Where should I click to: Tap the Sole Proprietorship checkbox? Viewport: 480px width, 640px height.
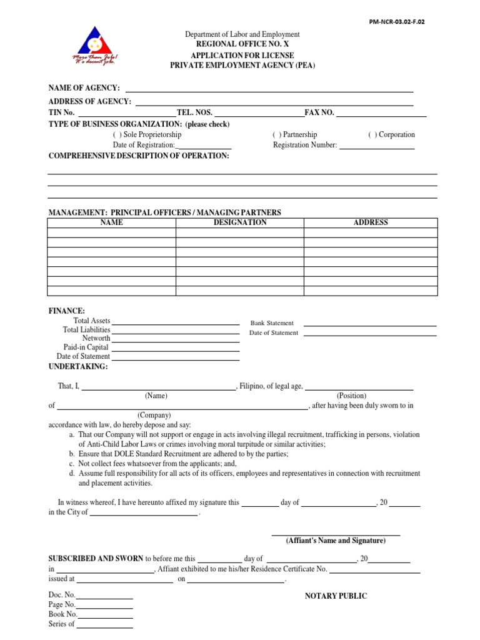click(117, 134)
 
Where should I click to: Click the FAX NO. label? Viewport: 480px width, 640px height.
click(319, 112)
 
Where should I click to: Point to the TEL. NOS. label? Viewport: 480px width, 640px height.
click(194, 112)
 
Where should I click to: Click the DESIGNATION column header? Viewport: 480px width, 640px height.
click(240, 222)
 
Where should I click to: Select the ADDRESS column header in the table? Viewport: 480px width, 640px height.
click(371, 222)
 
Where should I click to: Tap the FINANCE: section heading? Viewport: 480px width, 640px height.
click(67, 311)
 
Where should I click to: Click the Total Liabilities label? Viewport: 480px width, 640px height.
click(86, 329)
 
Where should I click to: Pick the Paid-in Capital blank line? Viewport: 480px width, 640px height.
click(176, 347)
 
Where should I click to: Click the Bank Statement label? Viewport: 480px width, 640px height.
click(272, 323)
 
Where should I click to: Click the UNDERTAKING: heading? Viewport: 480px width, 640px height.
click(78, 366)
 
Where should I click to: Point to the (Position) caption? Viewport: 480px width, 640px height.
click(351, 396)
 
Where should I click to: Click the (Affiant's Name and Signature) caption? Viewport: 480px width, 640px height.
click(336, 541)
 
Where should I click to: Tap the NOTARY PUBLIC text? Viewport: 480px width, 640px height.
click(336, 596)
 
